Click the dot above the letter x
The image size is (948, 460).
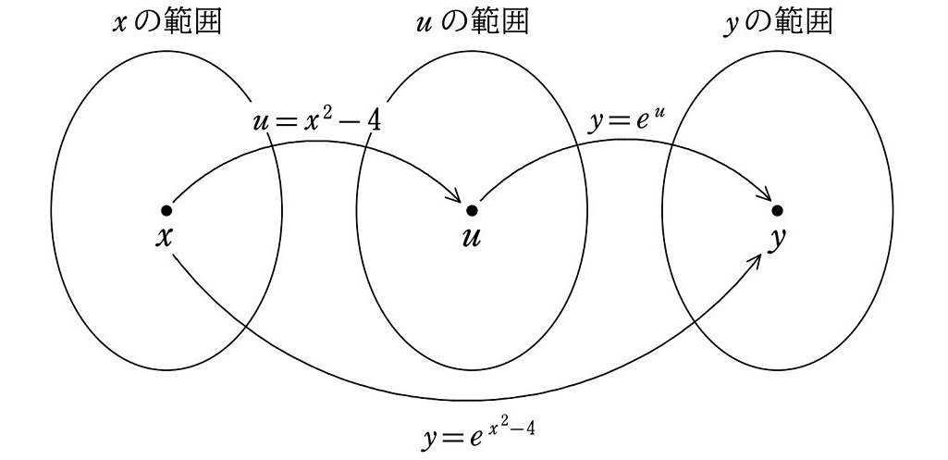tap(166, 210)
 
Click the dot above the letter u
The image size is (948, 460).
tap(472, 210)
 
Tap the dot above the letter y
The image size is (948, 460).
tap(778, 210)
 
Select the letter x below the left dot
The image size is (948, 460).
tap(165, 237)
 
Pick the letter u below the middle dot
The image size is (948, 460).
tap(471, 237)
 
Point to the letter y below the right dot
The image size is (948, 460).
tap(779, 239)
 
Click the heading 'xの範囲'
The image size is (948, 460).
tap(166, 22)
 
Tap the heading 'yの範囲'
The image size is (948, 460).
tap(777, 22)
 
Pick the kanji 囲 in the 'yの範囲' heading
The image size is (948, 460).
tap(817, 22)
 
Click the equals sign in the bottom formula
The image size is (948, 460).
tap(456, 436)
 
